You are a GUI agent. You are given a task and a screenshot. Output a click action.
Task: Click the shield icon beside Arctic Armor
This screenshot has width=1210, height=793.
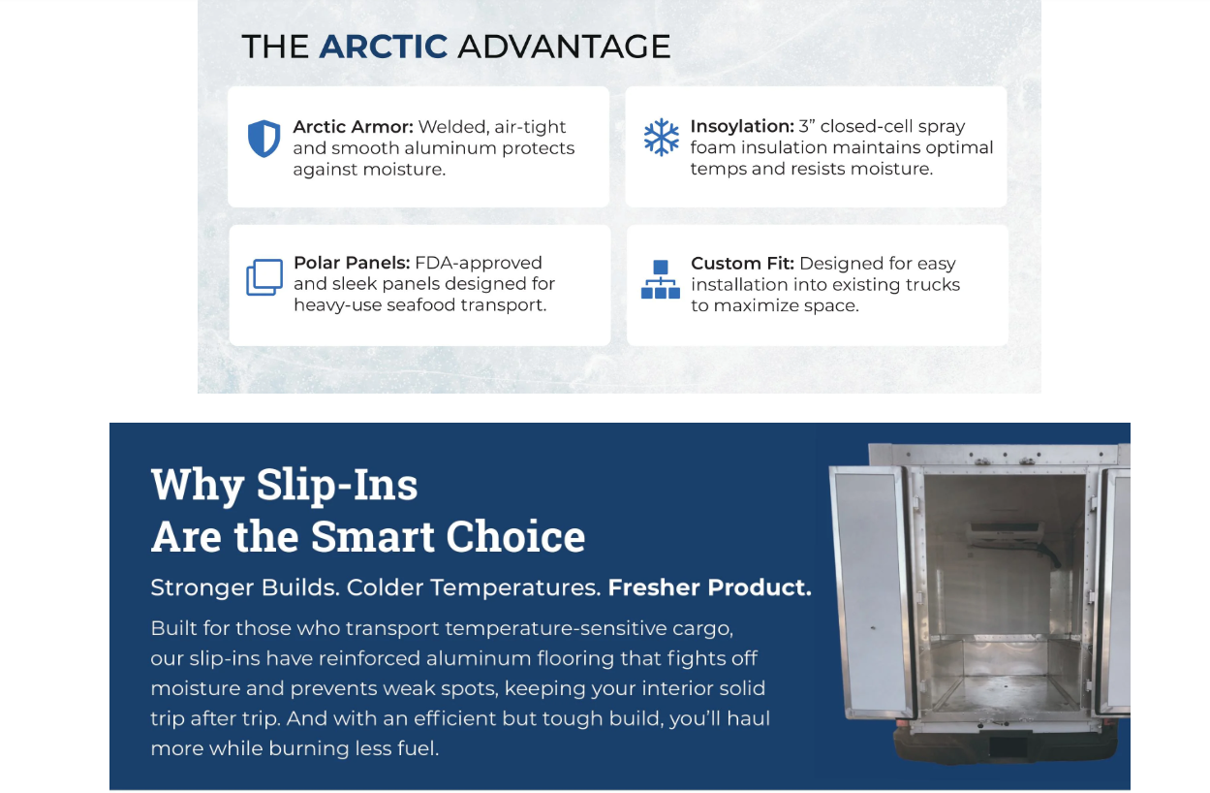[264, 139]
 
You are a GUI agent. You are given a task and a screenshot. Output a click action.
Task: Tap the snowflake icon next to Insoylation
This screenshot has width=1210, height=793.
[662, 138]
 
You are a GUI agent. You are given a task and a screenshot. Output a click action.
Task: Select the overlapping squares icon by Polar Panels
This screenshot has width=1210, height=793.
[264, 277]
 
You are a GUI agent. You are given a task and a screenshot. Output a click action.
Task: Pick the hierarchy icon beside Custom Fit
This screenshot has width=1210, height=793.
[661, 279]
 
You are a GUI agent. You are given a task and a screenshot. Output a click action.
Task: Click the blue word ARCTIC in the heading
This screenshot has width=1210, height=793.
[384, 47]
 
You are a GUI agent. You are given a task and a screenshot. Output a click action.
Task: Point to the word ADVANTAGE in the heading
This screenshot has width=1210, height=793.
[564, 47]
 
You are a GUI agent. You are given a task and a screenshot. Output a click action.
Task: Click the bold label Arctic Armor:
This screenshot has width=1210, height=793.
[353, 127]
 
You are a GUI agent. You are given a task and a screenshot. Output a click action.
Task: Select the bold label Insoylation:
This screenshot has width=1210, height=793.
[741, 127]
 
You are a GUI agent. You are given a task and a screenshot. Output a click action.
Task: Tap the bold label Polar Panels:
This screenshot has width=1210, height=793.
[351, 263]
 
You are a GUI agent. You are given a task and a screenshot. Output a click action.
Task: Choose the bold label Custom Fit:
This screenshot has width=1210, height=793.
[742, 264]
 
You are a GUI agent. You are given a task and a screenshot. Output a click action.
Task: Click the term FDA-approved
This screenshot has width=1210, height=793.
[479, 263]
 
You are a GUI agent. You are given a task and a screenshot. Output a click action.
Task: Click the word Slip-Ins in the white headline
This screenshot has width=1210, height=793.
[337, 485]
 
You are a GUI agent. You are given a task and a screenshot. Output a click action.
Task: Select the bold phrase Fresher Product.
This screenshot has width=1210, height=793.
[709, 587]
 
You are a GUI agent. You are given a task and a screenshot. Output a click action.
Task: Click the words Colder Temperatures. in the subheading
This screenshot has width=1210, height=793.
[473, 587]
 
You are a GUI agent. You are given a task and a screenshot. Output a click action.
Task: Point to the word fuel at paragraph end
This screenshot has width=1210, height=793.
[417, 748]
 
